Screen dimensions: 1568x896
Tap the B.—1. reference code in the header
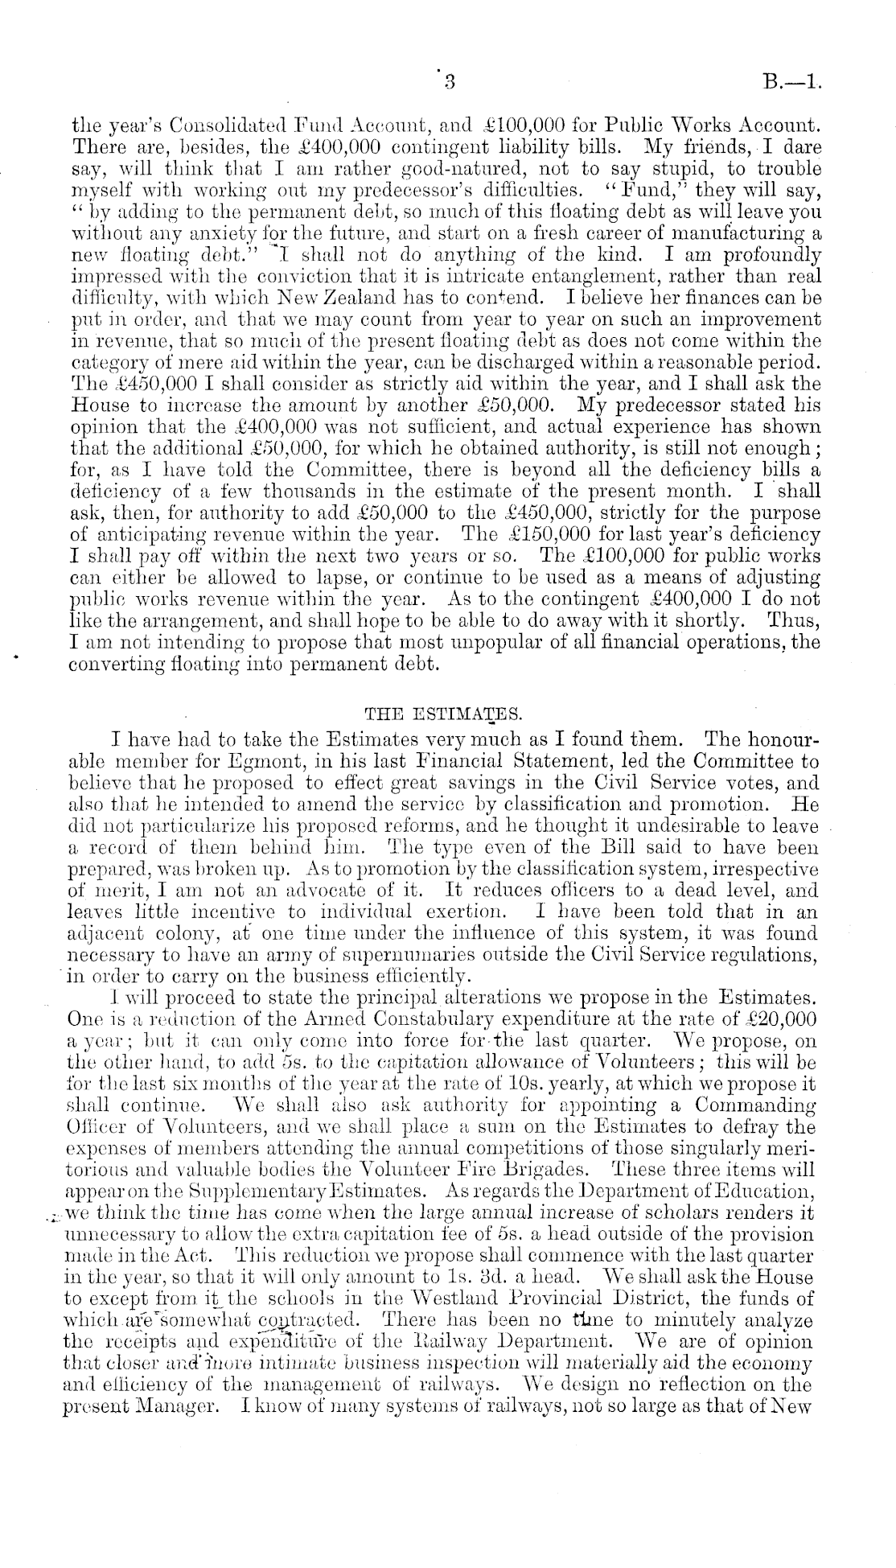[x=791, y=81]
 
